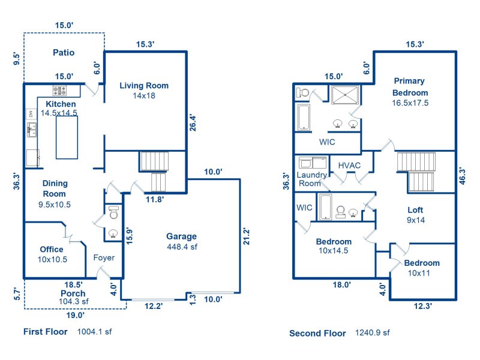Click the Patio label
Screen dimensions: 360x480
[x=63, y=52]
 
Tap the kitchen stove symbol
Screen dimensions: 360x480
[x=60, y=91]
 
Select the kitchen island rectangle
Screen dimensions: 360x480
[x=67, y=137]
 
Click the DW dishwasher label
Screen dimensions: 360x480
[x=30, y=113]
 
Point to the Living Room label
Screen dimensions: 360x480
[x=144, y=85]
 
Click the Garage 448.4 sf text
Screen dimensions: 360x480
[x=181, y=241]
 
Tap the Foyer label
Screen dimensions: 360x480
[x=104, y=258]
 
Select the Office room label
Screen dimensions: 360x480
[x=52, y=249]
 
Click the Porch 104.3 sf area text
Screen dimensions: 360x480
[x=73, y=298]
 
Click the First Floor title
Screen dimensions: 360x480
[x=46, y=331]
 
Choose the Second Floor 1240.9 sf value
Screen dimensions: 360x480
[x=373, y=332]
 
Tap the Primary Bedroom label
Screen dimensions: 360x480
[x=410, y=86]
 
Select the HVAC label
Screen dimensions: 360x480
[x=349, y=165]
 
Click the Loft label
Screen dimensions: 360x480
[x=415, y=210]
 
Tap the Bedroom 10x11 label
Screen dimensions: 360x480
[x=421, y=263]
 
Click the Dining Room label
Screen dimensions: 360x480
[x=55, y=188]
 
